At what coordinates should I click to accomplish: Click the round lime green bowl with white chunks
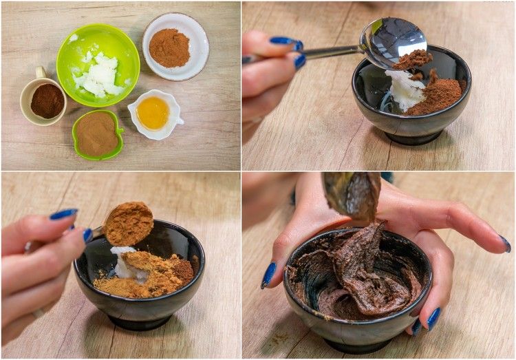(x=98, y=65)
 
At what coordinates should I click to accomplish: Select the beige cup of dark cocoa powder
(x=46, y=100)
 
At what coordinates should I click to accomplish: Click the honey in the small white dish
(x=153, y=112)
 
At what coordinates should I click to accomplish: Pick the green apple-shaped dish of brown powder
(x=96, y=134)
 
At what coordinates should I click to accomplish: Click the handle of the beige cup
(x=40, y=72)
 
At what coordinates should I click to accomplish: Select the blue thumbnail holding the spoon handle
(x=299, y=61)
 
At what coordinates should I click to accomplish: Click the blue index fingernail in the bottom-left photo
(x=63, y=214)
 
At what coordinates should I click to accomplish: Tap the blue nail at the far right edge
(x=506, y=244)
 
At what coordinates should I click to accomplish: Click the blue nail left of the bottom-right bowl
(x=269, y=275)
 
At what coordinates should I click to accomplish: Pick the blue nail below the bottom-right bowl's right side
(x=433, y=319)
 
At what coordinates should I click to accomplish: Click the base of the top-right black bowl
(x=413, y=137)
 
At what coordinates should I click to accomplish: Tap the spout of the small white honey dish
(x=180, y=121)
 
